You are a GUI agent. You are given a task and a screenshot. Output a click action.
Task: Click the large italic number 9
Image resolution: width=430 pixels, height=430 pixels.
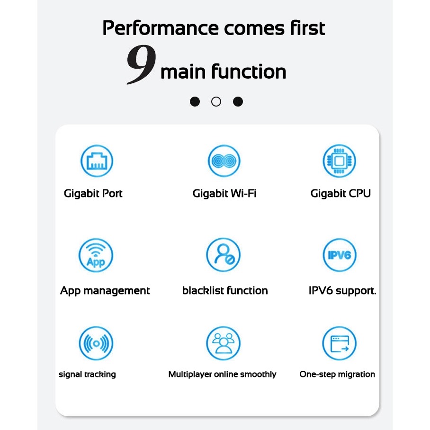[x=141, y=64]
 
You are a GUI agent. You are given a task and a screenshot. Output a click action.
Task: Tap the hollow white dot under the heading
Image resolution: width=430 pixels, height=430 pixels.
[x=216, y=102]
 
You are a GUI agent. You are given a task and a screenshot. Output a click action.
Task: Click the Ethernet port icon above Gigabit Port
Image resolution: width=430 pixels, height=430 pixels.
[x=97, y=161]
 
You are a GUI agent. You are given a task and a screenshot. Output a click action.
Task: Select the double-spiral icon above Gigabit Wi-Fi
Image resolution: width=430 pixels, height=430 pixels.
[x=224, y=161]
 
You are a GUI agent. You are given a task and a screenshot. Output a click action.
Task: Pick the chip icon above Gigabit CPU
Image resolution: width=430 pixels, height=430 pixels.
[x=339, y=161]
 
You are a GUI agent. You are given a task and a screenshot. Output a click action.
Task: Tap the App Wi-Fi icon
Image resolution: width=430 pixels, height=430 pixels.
[x=96, y=255]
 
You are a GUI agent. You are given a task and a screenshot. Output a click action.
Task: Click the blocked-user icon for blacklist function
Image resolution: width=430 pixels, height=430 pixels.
[x=224, y=255]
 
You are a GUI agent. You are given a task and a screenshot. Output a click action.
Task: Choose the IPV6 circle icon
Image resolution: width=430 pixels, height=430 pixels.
[x=340, y=255]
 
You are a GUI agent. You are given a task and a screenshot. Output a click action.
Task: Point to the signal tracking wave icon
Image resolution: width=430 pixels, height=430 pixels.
[x=96, y=343]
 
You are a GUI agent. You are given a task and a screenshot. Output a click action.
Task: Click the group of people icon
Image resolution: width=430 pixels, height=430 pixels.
[x=224, y=343]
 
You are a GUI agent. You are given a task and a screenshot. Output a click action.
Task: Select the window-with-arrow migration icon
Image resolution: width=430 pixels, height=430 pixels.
[x=340, y=343]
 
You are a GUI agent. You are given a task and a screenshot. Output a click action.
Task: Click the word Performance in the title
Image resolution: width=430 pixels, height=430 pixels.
[x=161, y=28]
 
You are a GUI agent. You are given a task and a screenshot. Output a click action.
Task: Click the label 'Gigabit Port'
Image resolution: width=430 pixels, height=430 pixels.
[x=93, y=194]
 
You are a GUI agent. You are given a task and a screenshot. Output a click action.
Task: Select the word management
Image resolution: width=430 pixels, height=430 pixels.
[x=116, y=291]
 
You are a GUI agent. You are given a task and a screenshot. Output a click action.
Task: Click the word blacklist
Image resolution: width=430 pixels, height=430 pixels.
[x=203, y=290]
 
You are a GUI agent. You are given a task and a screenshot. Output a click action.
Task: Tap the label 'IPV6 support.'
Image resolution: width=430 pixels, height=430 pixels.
[x=342, y=291]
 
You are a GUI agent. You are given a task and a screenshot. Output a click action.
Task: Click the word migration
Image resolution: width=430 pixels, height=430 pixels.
[x=356, y=375]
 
